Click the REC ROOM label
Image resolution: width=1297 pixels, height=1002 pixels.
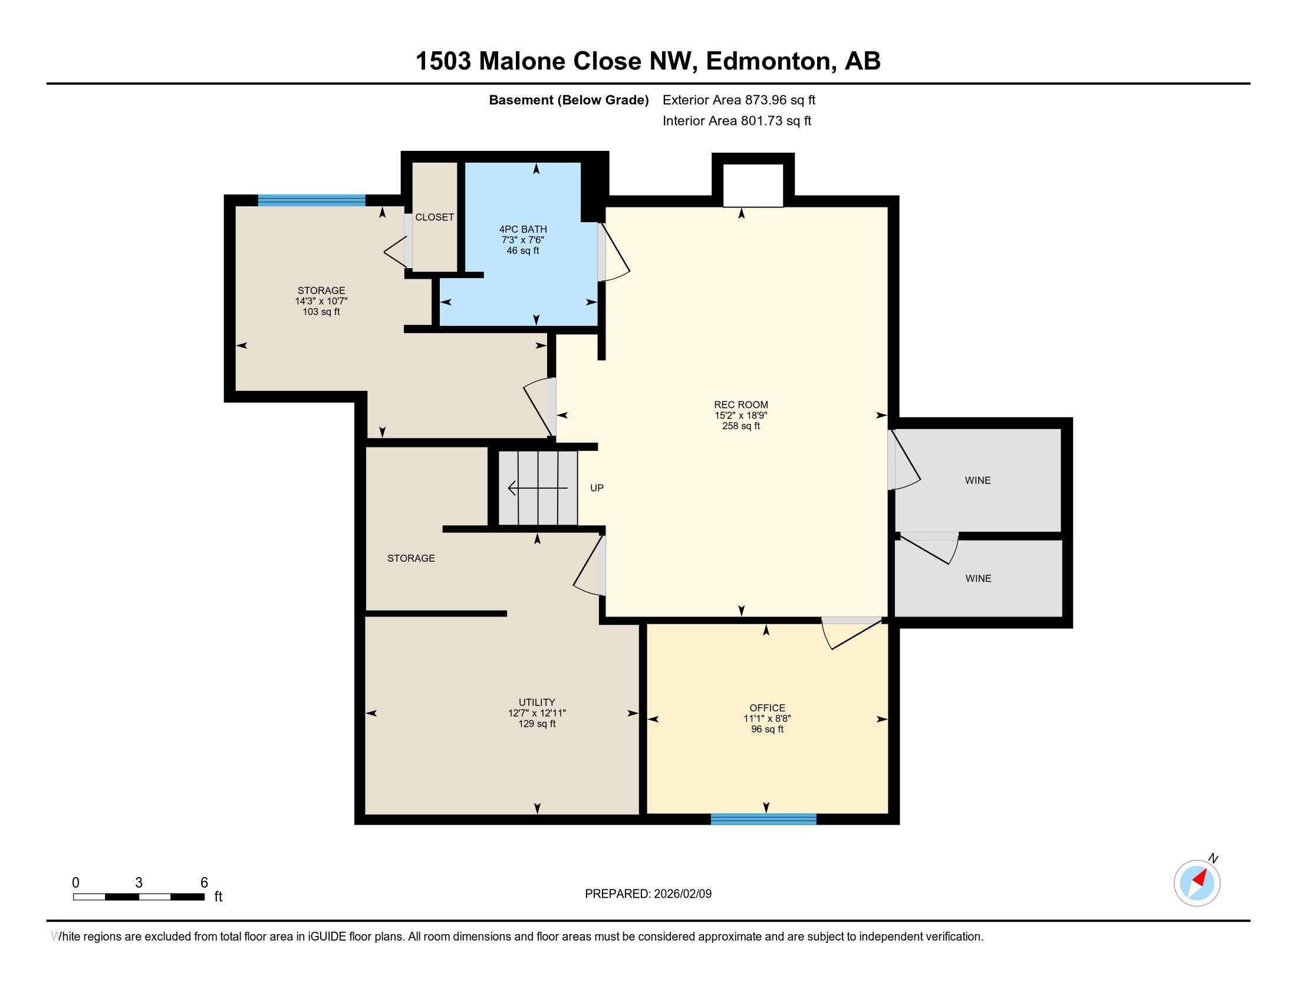coord(740,405)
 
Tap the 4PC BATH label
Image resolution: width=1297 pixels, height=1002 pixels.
coord(522,229)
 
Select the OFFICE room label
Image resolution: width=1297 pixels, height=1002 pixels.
coord(766,707)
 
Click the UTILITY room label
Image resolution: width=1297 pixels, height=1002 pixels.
coord(536,702)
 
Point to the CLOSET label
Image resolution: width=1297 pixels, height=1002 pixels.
coord(434,217)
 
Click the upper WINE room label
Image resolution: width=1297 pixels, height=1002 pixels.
coord(977,480)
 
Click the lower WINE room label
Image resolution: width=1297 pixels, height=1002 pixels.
coord(977,578)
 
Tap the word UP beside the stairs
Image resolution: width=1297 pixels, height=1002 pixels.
coord(596,488)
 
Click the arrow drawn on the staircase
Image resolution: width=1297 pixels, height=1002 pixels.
coord(538,488)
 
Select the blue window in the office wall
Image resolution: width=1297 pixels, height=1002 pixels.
coord(763,819)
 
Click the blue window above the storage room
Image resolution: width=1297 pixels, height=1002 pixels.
coord(311,200)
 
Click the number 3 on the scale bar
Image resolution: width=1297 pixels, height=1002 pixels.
coord(139,883)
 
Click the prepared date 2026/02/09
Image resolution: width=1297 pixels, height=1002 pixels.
coord(682,894)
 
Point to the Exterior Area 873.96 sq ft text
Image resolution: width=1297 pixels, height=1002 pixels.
coord(739,100)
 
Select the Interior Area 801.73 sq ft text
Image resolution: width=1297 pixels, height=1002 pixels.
coord(736,121)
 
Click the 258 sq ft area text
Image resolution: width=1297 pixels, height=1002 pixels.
coord(740,426)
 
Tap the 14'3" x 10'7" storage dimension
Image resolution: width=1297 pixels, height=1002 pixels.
coord(321,302)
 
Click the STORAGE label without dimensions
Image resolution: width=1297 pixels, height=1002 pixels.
coord(411,558)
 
